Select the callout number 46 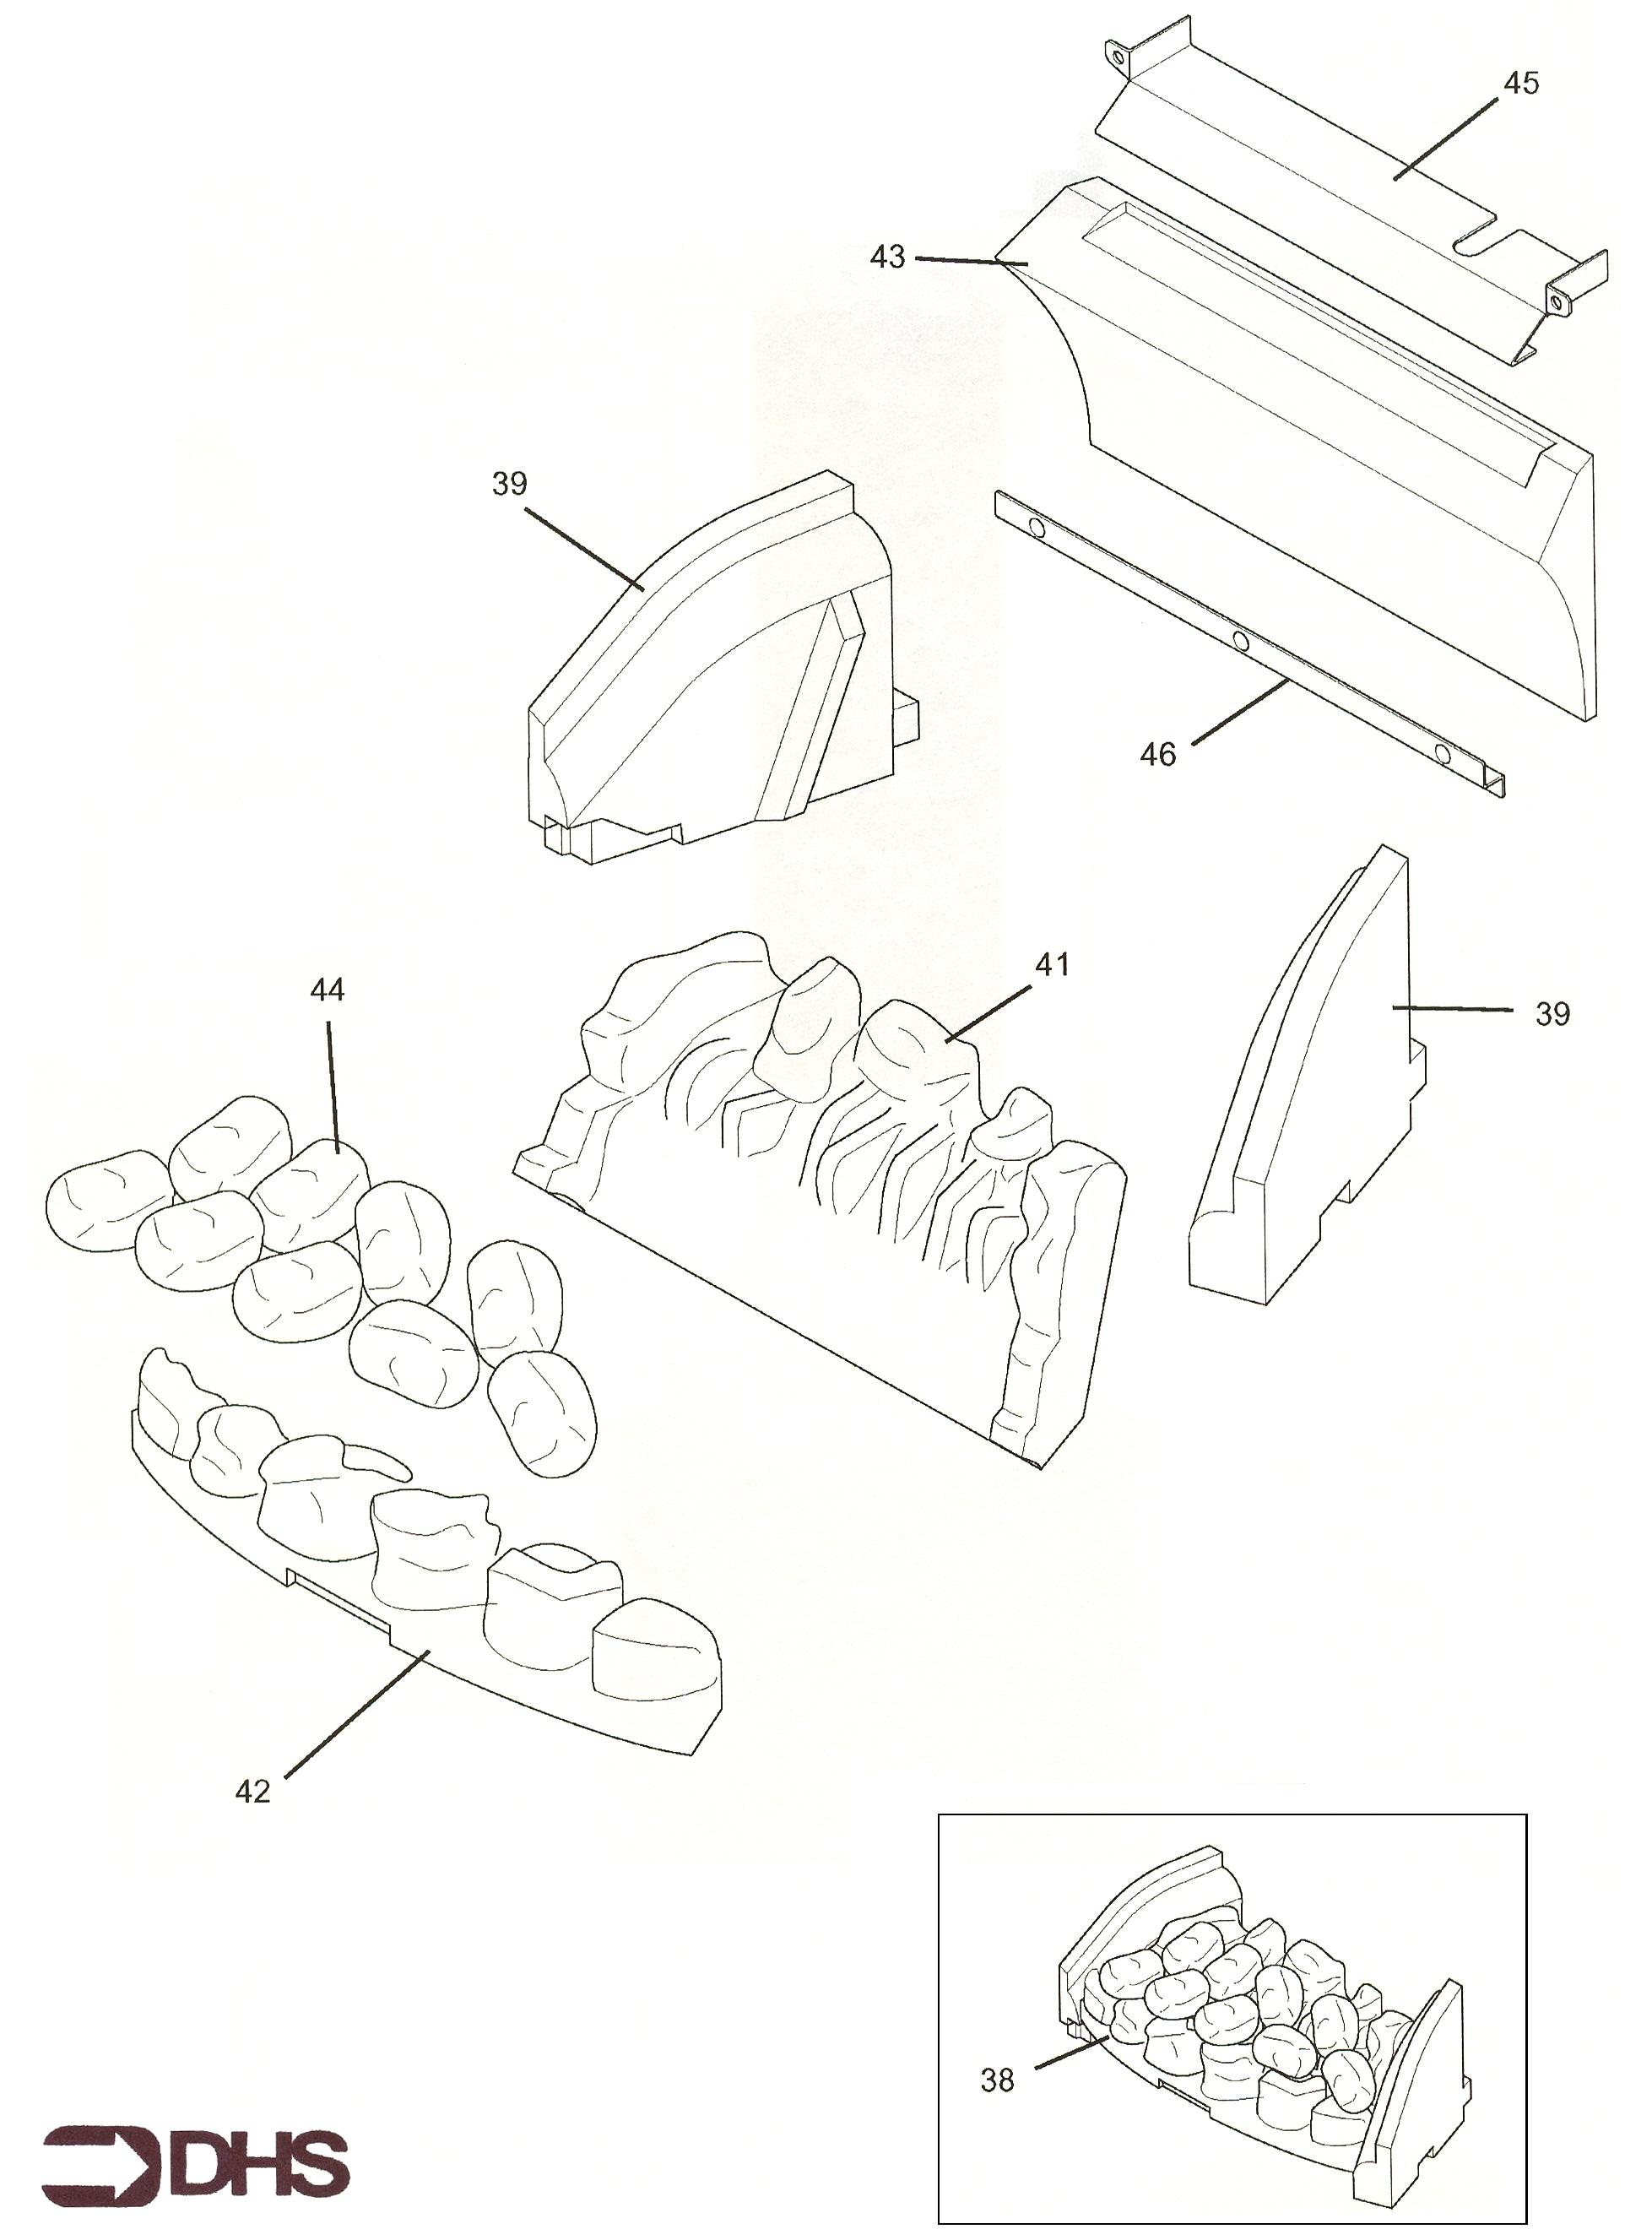tap(1158, 754)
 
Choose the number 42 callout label tap(252, 1791)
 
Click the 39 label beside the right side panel tap(1552, 1014)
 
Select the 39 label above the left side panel tap(509, 484)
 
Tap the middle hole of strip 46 tap(1240, 640)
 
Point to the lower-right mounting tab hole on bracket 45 tap(1557, 300)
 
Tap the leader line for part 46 tap(1238, 711)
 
